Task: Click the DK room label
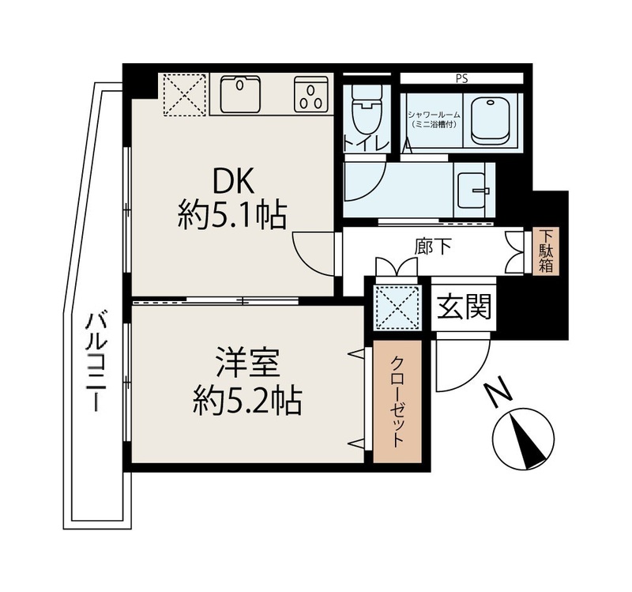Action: [x=233, y=183]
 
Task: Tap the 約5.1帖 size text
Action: [x=232, y=215]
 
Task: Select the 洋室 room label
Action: [x=247, y=363]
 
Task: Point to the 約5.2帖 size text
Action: [x=247, y=401]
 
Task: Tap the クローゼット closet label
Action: [x=397, y=401]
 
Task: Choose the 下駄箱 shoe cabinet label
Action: [x=545, y=251]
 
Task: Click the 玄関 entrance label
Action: [x=465, y=306]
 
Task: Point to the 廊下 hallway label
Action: [x=433, y=247]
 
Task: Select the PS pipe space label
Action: [x=462, y=79]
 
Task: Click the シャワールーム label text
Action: [x=434, y=115]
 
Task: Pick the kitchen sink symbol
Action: [x=240, y=94]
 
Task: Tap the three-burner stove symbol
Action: [x=310, y=94]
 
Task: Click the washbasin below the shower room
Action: [x=474, y=190]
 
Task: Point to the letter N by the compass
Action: [x=498, y=390]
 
